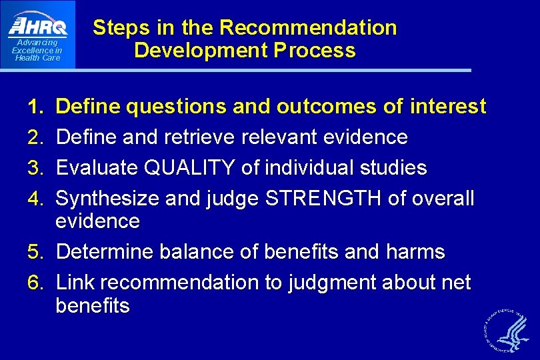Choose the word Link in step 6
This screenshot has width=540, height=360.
point(75,283)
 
